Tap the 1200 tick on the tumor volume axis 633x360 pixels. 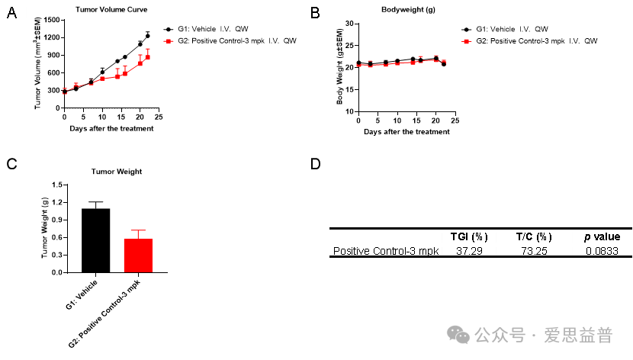click(x=51, y=37)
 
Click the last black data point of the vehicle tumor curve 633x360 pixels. click(x=148, y=36)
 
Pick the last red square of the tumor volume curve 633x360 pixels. click(x=148, y=57)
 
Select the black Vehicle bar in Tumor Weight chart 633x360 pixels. click(x=95, y=240)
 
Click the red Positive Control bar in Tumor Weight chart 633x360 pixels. click(x=138, y=256)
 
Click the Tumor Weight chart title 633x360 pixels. click(x=117, y=171)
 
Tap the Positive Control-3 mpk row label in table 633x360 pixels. click(x=385, y=250)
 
